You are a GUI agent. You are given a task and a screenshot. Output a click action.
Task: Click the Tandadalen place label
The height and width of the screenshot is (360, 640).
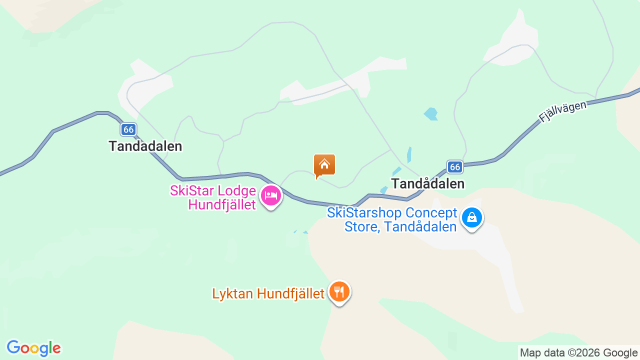pos(145,146)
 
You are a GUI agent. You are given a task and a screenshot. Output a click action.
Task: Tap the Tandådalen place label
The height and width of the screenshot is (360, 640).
pos(428,183)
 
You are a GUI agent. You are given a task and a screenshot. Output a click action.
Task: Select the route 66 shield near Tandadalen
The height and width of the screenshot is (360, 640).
pos(128,129)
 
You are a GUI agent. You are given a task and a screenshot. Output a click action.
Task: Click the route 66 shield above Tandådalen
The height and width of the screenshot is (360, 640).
pos(454,166)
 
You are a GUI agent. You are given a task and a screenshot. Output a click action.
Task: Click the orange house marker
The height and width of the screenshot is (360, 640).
pos(324,165)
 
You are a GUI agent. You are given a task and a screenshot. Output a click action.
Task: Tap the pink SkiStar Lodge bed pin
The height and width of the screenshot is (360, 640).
pos(271,195)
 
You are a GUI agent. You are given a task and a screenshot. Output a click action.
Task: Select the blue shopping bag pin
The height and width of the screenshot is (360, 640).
pos(471,217)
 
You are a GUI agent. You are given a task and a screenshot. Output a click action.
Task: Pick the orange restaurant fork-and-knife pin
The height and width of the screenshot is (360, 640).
pos(339,291)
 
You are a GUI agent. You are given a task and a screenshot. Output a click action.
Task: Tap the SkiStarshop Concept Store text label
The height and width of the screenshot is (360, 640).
pos(392,219)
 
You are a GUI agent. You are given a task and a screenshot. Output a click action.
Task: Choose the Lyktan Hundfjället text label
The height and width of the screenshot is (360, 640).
pos(268,293)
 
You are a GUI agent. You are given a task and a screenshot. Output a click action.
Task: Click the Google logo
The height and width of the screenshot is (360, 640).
pos(33,348)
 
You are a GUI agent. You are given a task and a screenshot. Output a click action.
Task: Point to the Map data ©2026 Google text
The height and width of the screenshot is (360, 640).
pos(578,352)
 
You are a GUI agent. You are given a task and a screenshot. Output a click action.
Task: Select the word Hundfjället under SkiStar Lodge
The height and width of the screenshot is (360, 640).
pos(221,204)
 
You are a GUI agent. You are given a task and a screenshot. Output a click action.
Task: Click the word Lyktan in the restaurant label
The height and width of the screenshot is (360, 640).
pos(232,293)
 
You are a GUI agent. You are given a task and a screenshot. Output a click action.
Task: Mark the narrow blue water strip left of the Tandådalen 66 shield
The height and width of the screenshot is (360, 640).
pos(409,154)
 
